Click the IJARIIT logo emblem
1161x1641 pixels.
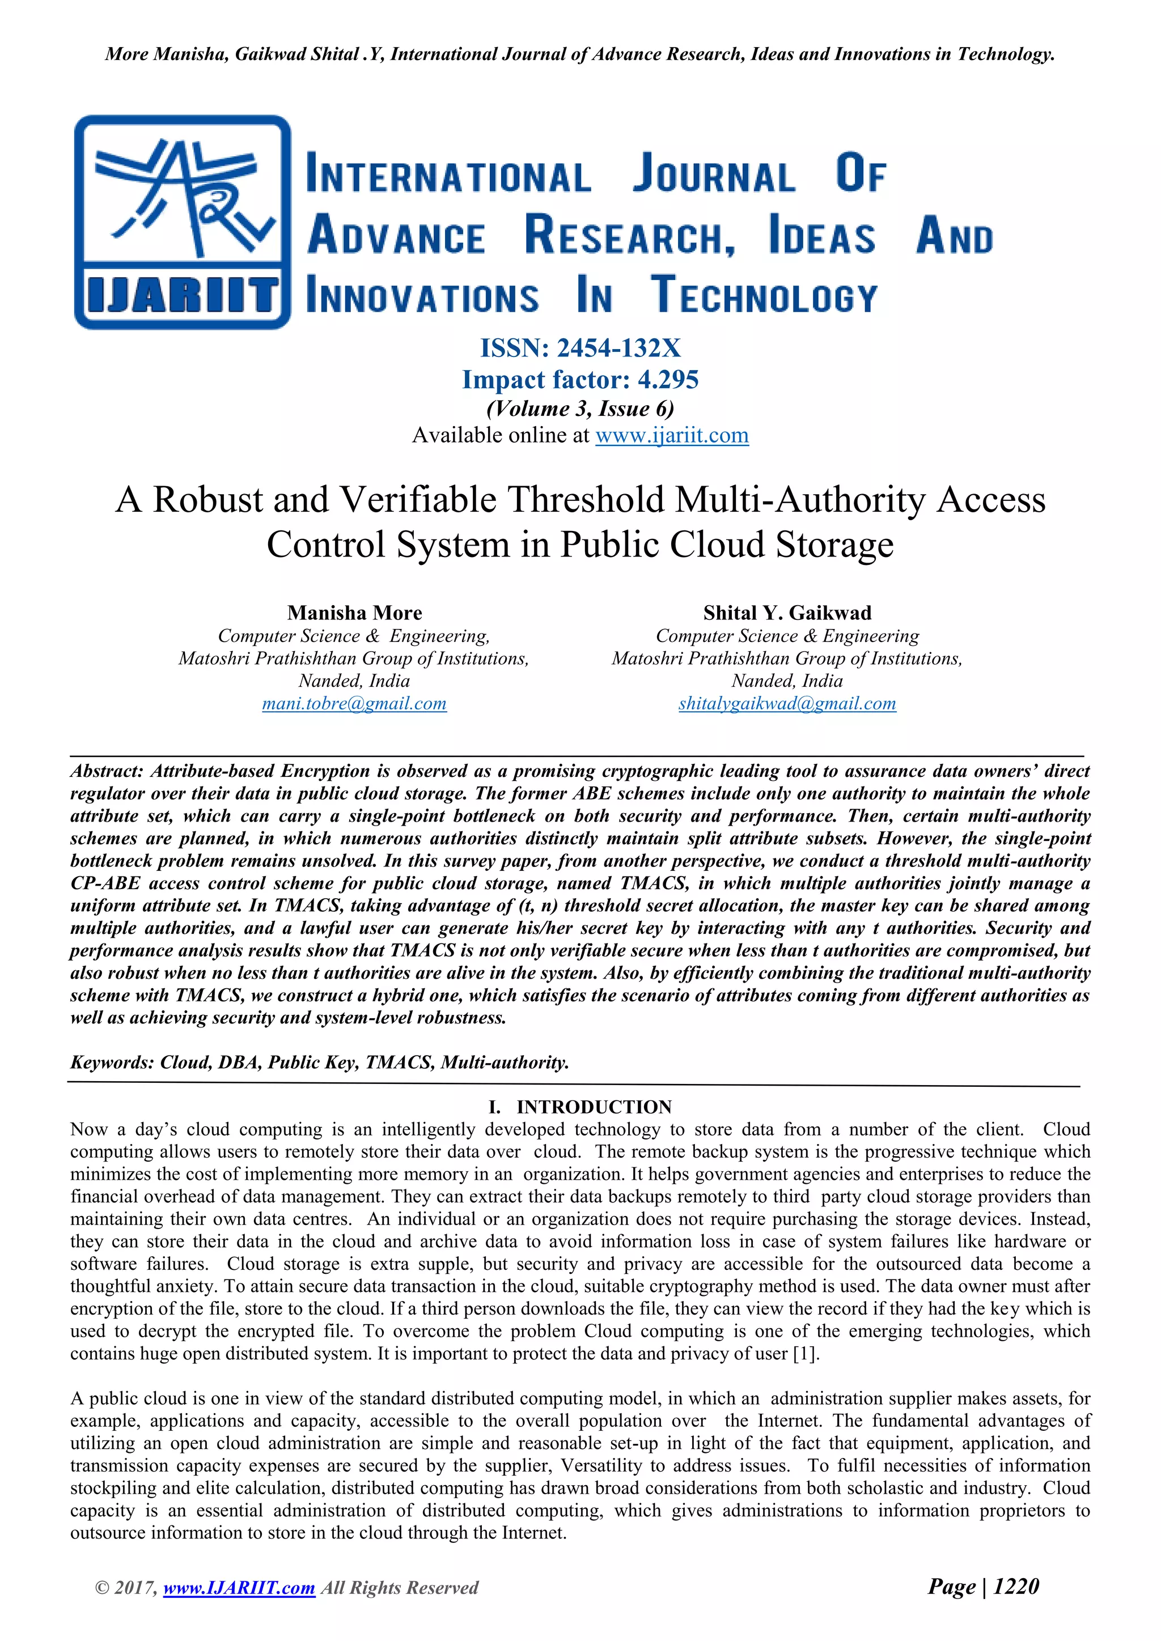tap(183, 222)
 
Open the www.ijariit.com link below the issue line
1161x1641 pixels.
tap(671, 435)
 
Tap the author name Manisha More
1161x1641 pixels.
tap(354, 613)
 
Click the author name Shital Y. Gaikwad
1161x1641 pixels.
tap(787, 613)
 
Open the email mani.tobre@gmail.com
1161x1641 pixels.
tap(354, 703)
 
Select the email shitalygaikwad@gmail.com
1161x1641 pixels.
tap(787, 703)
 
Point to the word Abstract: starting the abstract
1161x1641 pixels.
tap(107, 771)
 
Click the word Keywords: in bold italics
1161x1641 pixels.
tap(112, 1062)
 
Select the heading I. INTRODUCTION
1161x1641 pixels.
tap(580, 1107)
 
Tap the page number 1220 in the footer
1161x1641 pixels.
tap(1016, 1586)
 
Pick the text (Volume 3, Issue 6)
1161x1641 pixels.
tap(580, 408)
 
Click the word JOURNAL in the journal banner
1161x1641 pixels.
tap(714, 175)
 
